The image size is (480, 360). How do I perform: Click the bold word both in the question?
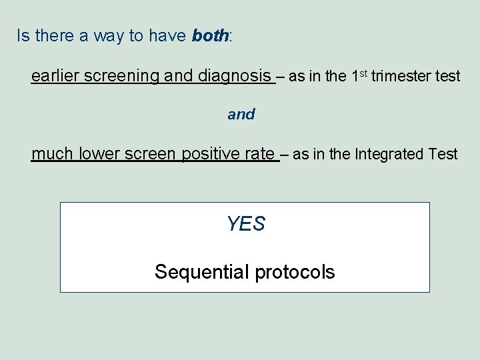[x=210, y=36]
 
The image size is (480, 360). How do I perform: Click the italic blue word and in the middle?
[x=241, y=115]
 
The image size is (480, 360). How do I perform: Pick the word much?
[x=53, y=155]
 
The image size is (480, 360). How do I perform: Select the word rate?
[x=259, y=155]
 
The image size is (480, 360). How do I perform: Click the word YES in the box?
[x=245, y=225]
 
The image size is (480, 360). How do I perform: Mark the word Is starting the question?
[x=23, y=36]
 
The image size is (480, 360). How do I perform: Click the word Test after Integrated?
[x=443, y=155]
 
